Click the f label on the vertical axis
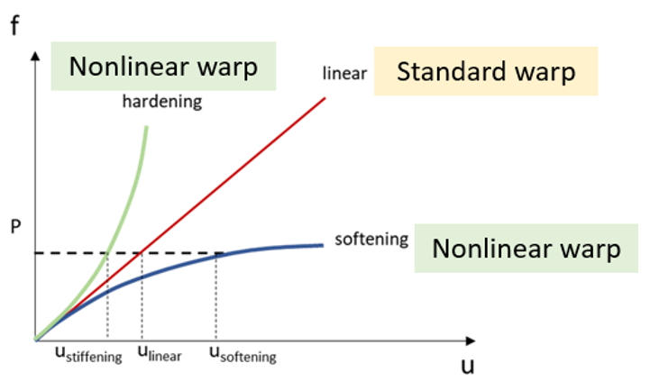coord(14,25)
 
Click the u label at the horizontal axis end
coord(468,366)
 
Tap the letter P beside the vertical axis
coord(15,227)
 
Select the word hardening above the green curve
coord(162,102)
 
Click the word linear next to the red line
coord(344,73)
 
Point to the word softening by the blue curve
coord(371,239)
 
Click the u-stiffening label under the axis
coord(88,354)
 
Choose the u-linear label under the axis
coord(160,353)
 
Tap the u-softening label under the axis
coord(243,354)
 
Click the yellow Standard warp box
coord(486,71)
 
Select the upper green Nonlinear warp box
coord(163,66)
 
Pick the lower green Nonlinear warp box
coord(526,249)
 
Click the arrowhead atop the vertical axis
coord(36,56)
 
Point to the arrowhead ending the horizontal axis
coord(471,340)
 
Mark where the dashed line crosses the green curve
coord(108,252)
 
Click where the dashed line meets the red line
coord(142,252)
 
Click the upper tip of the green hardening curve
coord(147,127)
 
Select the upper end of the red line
coord(325,98)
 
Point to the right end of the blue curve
coord(323,246)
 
